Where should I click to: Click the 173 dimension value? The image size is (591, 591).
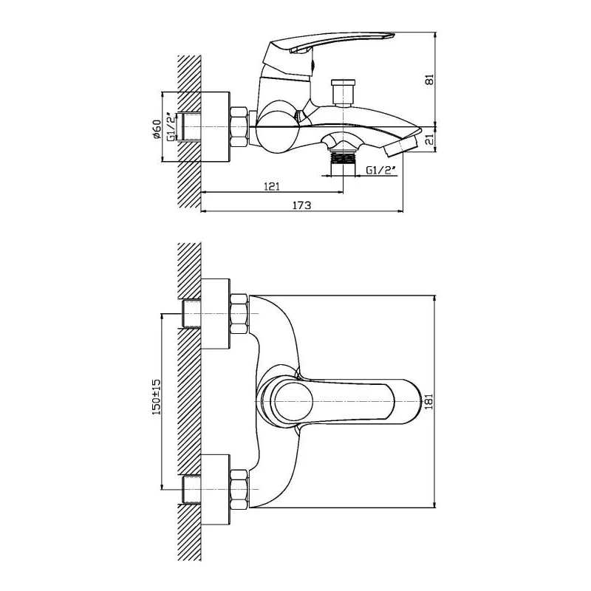[x=302, y=205]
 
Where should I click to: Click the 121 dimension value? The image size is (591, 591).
[x=271, y=186]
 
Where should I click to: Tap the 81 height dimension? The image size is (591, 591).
[x=430, y=80]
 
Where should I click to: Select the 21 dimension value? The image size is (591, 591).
[x=430, y=140]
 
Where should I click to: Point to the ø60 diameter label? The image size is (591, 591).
[x=157, y=129]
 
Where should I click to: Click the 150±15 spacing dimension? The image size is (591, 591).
[x=156, y=397]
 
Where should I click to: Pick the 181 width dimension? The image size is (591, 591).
[x=430, y=401]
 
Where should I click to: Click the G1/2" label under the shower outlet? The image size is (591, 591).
[x=381, y=171]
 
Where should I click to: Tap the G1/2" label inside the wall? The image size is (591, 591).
[x=171, y=127]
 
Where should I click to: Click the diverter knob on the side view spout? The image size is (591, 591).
[x=343, y=92]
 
